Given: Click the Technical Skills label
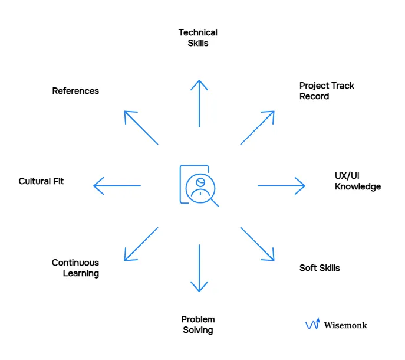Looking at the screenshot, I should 198,38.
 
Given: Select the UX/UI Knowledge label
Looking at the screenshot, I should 357,181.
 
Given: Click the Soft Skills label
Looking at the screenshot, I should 320,268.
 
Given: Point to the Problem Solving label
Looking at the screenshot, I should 198,325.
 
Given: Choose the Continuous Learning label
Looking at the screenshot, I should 75,268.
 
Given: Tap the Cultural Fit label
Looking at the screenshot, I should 41,181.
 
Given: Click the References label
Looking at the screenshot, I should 75,91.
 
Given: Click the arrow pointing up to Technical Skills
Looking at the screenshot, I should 199,103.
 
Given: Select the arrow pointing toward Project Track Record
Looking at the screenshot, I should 258,127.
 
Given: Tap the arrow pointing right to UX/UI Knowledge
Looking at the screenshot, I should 281,186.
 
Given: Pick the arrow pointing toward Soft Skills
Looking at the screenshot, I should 258,243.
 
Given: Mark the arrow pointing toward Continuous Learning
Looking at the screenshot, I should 141,244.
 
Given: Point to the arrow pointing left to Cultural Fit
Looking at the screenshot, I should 117,186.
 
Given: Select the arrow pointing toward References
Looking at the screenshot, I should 141,127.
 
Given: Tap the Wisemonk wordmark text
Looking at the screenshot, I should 345,325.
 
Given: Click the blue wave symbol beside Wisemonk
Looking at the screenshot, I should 312,324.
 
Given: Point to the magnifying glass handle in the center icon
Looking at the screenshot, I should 215,202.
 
